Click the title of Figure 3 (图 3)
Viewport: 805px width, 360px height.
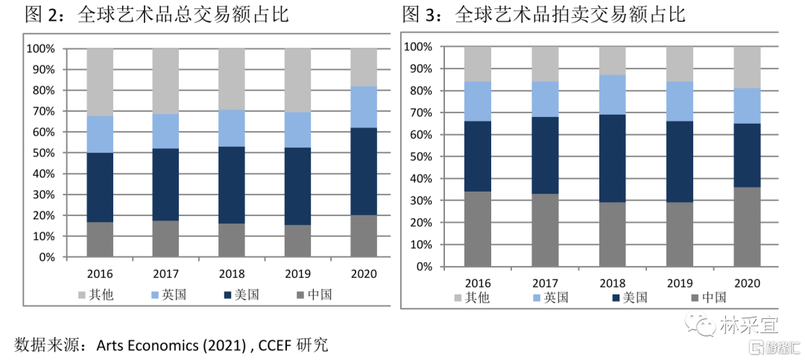543,14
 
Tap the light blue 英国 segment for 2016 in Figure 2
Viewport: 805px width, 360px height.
101,134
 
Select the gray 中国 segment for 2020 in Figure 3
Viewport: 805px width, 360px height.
747,227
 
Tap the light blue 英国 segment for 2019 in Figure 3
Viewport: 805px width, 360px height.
680,101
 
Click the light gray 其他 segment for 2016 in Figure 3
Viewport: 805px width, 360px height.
478,63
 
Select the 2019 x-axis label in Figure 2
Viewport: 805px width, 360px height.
298,274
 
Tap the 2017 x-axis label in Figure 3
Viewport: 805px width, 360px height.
545,283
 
